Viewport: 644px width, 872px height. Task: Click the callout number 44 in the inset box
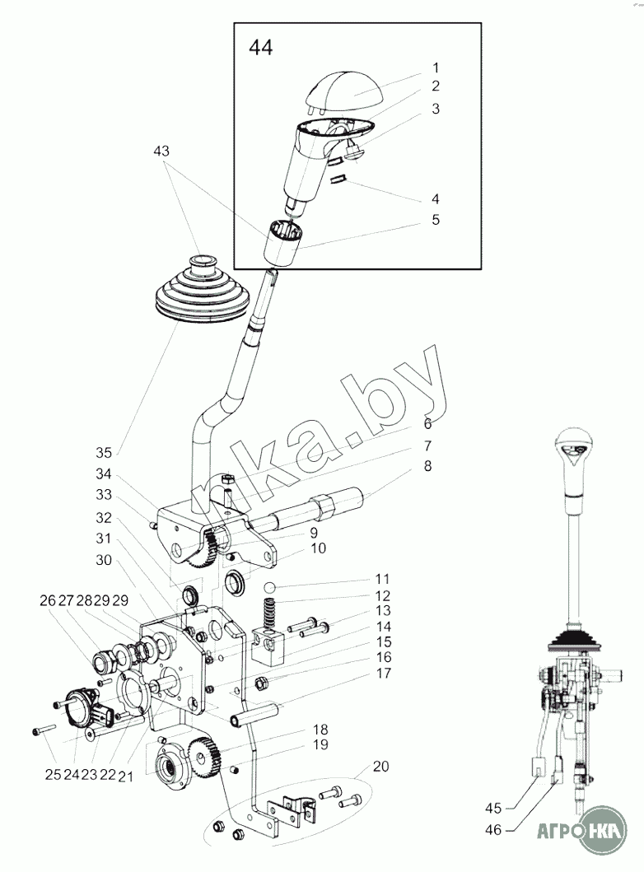click(261, 48)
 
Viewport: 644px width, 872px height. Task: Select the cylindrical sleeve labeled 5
click(282, 242)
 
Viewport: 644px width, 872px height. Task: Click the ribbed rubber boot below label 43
click(199, 292)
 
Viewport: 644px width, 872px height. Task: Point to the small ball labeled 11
click(270, 587)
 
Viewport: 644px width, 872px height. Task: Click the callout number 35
click(104, 453)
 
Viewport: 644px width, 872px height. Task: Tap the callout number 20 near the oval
click(381, 767)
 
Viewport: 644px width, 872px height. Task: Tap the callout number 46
click(493, 830)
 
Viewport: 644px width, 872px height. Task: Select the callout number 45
click(493, 808)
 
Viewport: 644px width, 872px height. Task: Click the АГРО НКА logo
click(581, 831)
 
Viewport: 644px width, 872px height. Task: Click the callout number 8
click(427, 466)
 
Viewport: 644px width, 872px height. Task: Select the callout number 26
click(48, 600)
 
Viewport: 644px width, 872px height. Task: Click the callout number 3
click(436, 109)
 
